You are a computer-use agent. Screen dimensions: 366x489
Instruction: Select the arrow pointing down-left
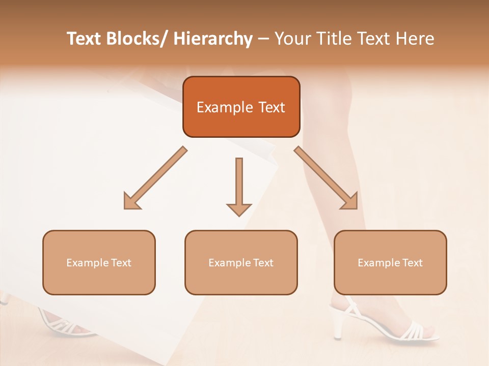click(x=155, y=178)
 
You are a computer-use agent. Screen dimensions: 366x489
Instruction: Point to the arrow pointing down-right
click(x=326, y=178)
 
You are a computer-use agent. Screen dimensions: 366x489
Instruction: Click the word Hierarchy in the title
click(x=213, y=39)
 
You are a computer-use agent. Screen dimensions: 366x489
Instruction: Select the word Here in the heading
click(x=416, y=39)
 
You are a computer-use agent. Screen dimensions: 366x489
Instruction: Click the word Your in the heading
click(x=292, y=39)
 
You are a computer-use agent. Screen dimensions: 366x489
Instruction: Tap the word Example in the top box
click(x=225, y=107)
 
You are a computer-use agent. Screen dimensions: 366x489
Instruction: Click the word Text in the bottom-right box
click(x=412, y=263)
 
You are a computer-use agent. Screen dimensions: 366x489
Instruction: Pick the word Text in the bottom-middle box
click(x=263, y=263)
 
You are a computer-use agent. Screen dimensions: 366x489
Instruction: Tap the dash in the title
click(x=263, y=39)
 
